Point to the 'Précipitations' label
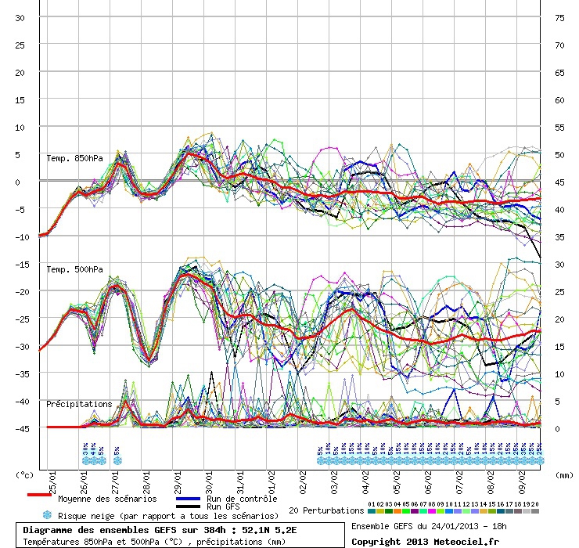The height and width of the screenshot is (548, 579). click(79, 404)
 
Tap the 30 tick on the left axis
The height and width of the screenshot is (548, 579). click(20, 18)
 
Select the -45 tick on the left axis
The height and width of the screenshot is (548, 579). click(20, 428)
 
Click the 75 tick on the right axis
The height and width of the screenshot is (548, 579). click(559, 18)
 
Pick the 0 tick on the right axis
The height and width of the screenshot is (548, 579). click(559, 428)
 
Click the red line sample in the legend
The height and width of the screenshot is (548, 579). click(39, 495)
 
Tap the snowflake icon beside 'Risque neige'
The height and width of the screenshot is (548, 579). click(46, 515)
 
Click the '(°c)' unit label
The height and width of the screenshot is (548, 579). click(25, 474)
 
